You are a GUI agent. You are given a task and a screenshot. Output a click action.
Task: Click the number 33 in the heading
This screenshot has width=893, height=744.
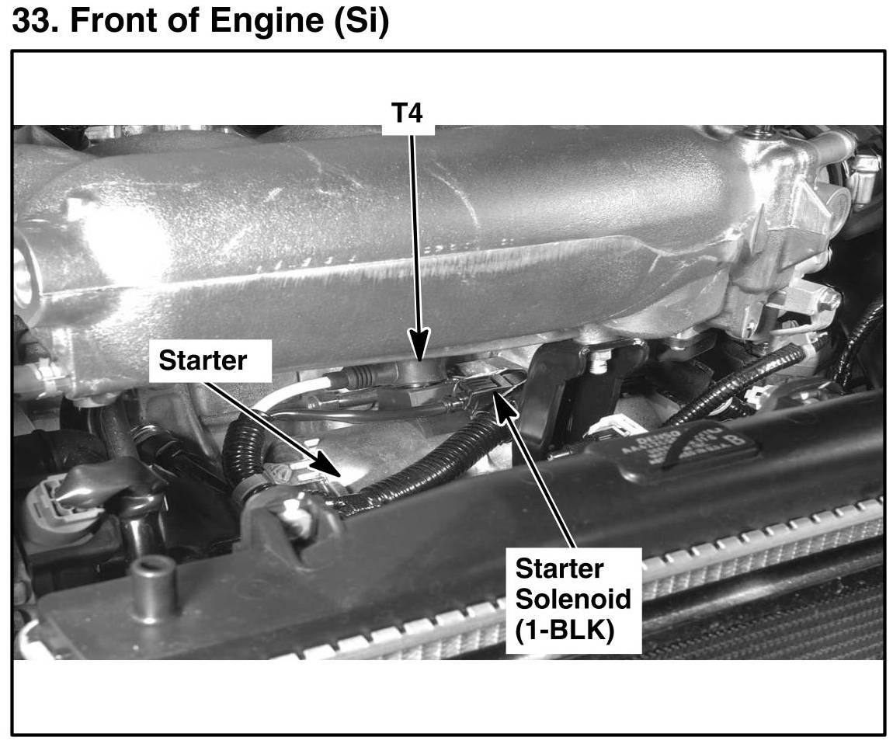point(33,23)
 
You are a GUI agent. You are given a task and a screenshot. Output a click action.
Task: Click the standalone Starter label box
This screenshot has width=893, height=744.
point(203,360)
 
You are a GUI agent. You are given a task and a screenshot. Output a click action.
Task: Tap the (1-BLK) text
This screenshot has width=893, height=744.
point(565,629)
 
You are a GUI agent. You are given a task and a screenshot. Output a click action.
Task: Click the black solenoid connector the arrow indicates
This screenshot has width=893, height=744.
point(486,384)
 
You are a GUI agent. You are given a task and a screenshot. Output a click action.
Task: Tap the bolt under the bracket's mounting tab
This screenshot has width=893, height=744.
point(599,360)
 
